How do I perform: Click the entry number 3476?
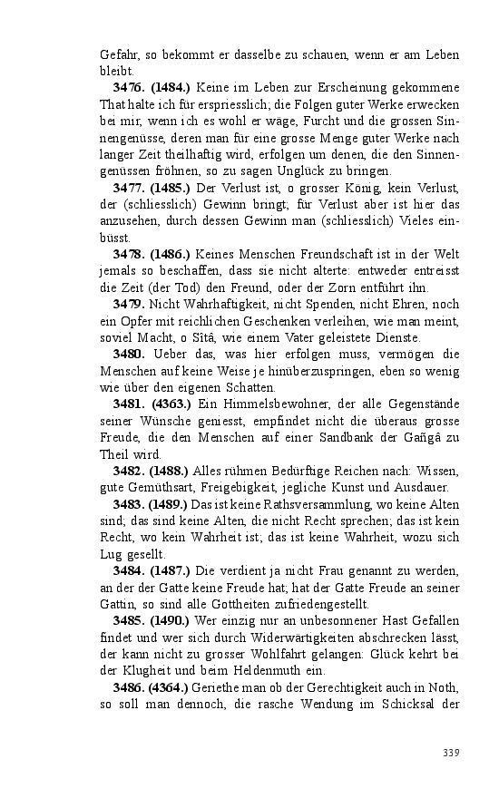130,88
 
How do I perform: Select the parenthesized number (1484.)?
171,88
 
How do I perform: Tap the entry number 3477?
130,187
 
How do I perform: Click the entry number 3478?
130,254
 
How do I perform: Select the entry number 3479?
130,304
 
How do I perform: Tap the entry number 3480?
130,354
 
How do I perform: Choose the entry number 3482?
130,471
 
